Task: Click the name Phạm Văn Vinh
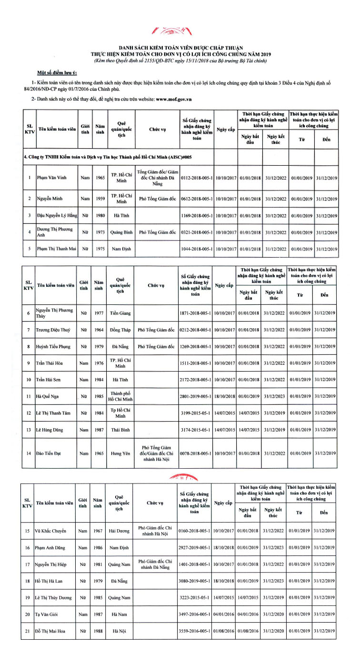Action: coord(53,178)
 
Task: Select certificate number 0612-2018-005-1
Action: coord(197,199)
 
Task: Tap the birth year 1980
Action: coord(100,215)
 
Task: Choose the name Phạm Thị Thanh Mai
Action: coord(57,249)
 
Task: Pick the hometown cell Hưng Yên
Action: coord(120,452)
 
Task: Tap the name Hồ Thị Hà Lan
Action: coord(49,581)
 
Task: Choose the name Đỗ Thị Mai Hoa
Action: coord(51,632)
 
